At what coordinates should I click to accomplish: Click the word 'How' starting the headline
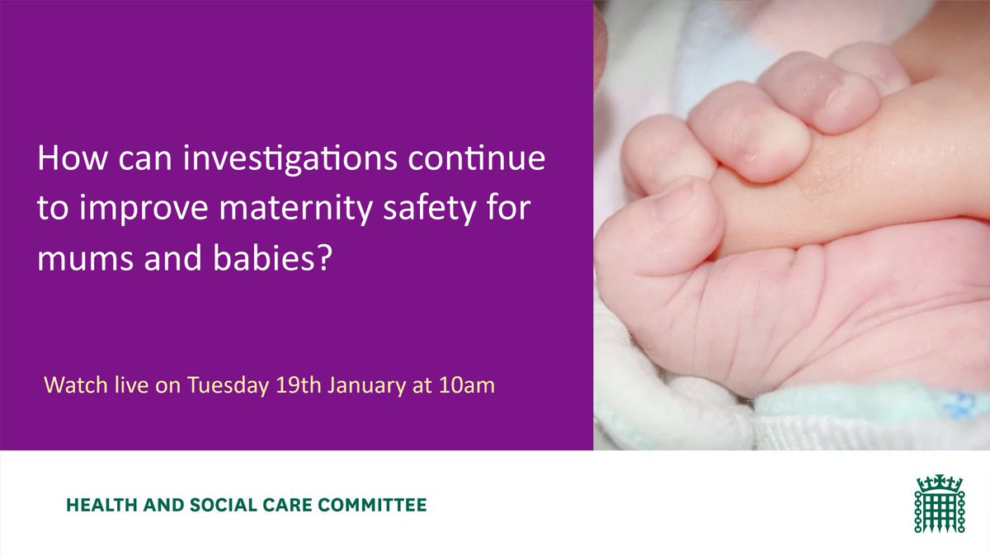coord(64,160)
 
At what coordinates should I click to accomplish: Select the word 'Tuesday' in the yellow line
coord(224,385)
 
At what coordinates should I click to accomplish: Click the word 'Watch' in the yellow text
coord(69,385)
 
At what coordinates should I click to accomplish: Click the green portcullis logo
coord(938,503)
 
